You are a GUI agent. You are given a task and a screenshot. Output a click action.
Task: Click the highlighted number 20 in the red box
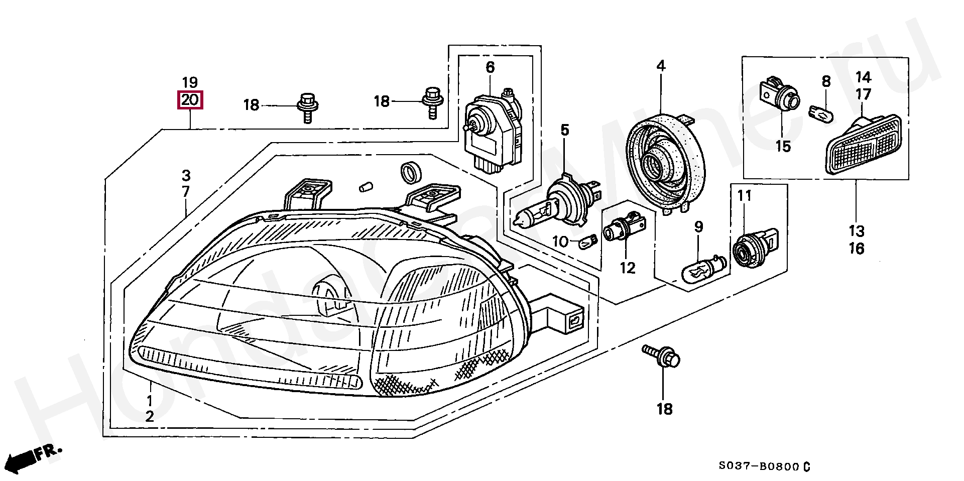coord(190,100)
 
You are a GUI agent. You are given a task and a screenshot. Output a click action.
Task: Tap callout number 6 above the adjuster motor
coord(490,67)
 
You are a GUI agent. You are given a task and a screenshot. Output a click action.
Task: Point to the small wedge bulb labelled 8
coord(821,113)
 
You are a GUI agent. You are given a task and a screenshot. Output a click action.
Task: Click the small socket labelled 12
coord(623,233)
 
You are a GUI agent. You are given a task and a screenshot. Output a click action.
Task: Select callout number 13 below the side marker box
coord(857,231)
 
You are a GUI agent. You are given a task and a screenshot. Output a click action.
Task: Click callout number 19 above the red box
coord(190,82)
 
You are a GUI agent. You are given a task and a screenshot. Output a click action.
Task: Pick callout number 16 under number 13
coord(857,249)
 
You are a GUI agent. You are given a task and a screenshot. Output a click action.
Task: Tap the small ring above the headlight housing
coord(411,172)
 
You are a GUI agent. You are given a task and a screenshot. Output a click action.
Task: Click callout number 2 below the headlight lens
coord(150,416)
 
